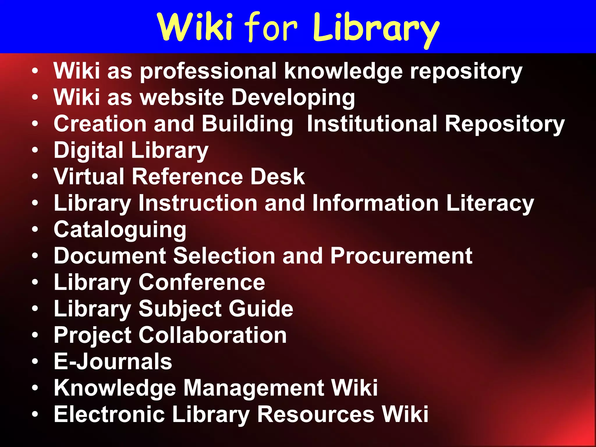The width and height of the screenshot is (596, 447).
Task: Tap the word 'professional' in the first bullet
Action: coord(208,72)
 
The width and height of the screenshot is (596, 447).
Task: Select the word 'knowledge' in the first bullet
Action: coord(343,72)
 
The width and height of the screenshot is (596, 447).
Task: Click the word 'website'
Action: coord(182,97)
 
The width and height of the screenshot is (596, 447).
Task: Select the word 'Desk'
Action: coord(278,176)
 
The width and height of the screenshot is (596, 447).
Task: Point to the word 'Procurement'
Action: coord(401,256)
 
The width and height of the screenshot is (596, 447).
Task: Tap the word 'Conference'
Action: coord(202,282)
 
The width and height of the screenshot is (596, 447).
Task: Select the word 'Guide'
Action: coord(261,309)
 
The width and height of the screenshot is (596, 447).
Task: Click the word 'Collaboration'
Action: coord(212,335)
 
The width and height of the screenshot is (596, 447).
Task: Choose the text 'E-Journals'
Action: coord(113,361)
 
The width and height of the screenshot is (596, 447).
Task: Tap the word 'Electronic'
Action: coord(109,414)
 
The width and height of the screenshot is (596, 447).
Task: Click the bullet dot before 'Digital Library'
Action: coord(35,150)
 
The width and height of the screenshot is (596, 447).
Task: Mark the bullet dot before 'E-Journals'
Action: coord(35,361)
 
